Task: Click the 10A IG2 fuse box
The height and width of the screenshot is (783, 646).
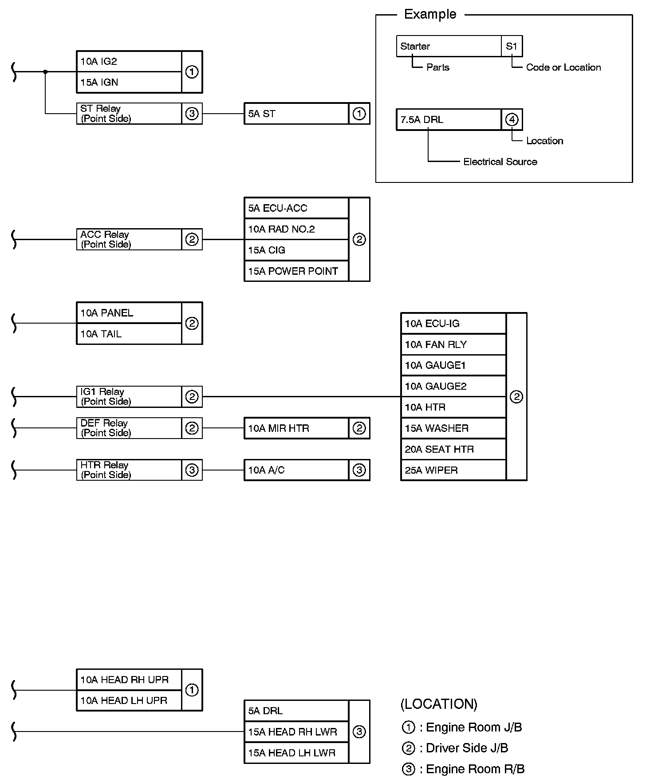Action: coord(129,61)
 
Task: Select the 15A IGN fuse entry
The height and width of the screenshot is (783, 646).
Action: coord(129,82)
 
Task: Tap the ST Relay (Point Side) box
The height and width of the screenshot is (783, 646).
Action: coord(129,114)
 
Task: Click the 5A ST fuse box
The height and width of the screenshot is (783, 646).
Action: coord(296,114)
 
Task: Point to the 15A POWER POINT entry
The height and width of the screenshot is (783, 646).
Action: coord(296,271)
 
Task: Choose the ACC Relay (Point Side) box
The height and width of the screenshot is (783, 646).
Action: coord(129,239)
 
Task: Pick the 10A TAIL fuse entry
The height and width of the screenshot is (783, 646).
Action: coord(129,334)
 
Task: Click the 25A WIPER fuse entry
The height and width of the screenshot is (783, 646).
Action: coord(453,470)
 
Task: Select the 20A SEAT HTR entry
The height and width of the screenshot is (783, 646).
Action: coord(453,449)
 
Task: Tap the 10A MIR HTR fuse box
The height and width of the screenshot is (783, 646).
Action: coord(296,428)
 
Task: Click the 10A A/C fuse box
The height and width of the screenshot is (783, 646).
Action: coord(296,470)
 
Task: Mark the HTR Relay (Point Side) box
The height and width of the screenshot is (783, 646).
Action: coord(129,470)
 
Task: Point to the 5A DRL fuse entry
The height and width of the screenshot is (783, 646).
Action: coord(296,711)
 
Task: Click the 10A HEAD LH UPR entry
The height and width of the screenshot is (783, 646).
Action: coord(129,700)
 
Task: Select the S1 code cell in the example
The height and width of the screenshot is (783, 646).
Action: coord(512,46)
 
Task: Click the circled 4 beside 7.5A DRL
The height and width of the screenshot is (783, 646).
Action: coord(512,119)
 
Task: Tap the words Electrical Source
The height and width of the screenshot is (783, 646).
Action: coord(500,162)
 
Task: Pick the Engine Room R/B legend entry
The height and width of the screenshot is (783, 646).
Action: coord(463,769)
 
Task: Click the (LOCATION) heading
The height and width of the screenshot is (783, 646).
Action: coord(439,704)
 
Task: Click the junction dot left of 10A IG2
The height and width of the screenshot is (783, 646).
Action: coord(45,71)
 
